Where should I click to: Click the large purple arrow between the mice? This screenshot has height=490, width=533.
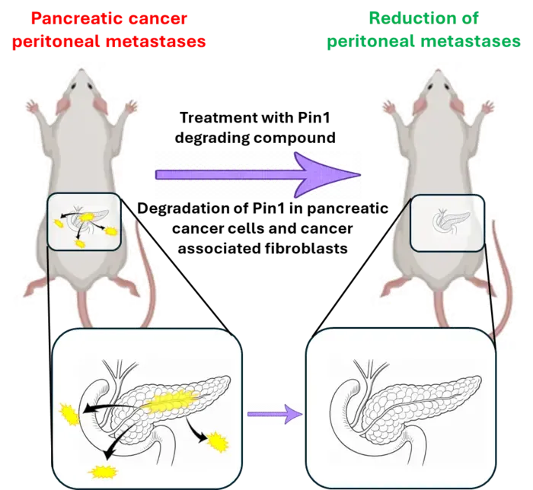tap(257, 174)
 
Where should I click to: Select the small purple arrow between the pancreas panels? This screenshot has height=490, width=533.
tap(275, 414)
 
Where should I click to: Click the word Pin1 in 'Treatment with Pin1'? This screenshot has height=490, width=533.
tap(314, 118)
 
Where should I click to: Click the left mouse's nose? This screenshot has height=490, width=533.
tap(81, 71)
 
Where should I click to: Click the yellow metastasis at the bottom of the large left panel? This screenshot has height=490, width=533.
tap(103, 472)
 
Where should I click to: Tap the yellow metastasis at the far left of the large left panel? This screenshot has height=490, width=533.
tap(70, 414)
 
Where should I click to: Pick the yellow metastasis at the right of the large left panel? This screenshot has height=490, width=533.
tap(217, 442)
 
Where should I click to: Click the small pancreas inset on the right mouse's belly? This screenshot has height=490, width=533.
tap(448, 223)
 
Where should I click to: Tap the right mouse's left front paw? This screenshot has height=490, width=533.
tap(388, 107)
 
